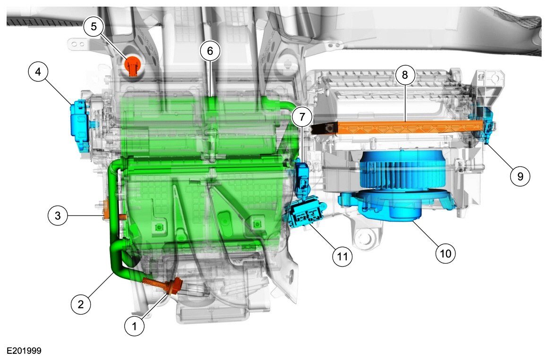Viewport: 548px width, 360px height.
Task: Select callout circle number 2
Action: pyautogui.click(x=81, y=304)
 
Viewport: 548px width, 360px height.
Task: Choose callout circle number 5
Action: pyautogui.click(x=94, y=26)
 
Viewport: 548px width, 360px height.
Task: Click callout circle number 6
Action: pyautogui.click(x=210, y=51)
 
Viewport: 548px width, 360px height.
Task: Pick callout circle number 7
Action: pyautogui.click(x=301, y=117)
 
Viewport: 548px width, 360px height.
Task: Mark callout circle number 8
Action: pyautogui.click(x=405, y=75)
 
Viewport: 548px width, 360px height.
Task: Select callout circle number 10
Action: pyautogui.click(x=445, y=253)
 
